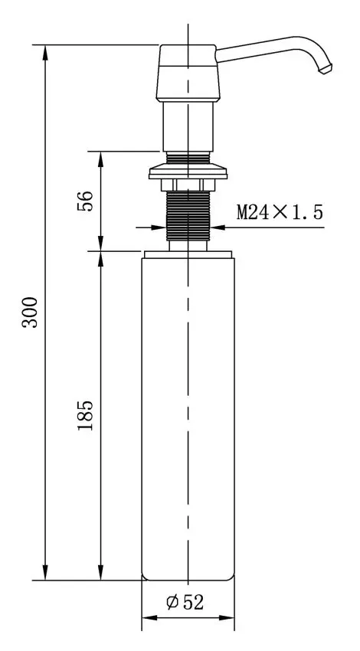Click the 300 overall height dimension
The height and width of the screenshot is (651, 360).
pos(30,312)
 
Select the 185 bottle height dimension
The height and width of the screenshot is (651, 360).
pos(86,415)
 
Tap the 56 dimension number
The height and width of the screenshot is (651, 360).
pos(85,201)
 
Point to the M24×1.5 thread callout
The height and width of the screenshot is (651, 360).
pos(280,212)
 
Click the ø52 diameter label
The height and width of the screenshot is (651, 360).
pos(185,602)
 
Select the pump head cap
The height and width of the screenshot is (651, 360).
pos(188,73)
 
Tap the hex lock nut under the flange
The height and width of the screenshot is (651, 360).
pos(188,185)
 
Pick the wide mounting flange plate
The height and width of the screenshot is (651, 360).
pos(188,172)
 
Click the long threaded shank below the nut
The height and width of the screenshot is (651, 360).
pos(188,215)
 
